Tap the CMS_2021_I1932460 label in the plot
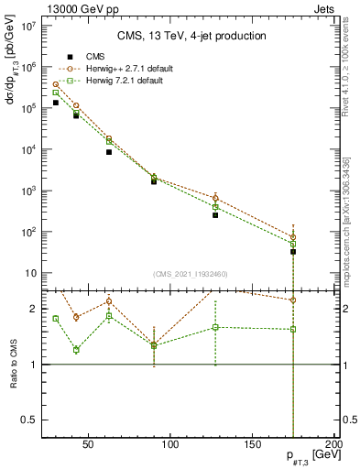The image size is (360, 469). click(190, 274)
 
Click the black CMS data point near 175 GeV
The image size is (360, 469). click(293, 251)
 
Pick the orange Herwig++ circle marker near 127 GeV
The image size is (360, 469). click(215, 198)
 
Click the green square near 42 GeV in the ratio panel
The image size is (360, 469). click(76, 350)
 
